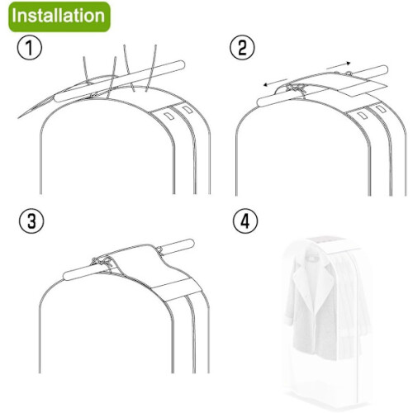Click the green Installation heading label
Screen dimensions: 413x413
(59, 17)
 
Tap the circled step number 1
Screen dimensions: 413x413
(30, 48)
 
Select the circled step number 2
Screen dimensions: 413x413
(242, 47)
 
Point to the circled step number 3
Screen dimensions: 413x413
(31, 221)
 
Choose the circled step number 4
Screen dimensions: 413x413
(245, 221)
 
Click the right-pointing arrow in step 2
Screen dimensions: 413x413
(339, 65)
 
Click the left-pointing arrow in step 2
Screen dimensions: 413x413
(275, 83)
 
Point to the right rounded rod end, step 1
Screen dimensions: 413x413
(180, 65)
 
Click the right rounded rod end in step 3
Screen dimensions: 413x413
(190, 244)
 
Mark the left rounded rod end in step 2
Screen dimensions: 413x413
(261, 102)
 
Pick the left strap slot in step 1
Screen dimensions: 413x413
(168, 116)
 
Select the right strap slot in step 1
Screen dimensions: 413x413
(188, 110)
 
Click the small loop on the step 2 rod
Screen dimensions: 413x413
(349, 73)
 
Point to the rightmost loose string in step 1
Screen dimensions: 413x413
(152, 69)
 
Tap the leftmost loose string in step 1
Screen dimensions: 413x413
(85, 69)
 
